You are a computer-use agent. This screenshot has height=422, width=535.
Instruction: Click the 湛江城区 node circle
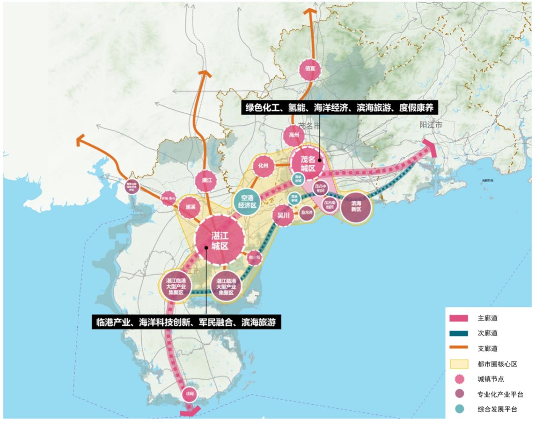[x=220, y=240]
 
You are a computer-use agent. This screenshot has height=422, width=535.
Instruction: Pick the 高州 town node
[x=294, y=135]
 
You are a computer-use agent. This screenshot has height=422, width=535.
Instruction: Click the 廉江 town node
[x=207, y=180]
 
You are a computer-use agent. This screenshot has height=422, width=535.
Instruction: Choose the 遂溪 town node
[x=190, y=207]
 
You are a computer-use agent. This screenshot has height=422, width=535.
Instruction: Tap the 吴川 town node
[x=283, y=215]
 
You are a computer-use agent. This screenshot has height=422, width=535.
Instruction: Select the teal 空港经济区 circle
[x=247, y=202]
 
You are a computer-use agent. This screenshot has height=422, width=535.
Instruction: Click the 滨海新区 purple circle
[x=356, y=207]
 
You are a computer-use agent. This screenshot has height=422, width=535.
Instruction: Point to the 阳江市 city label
[x=430, y=125]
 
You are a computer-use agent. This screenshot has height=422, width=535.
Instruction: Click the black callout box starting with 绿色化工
[x=339, y=108]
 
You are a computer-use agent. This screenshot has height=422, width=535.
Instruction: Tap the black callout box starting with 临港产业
[x=186, y=322]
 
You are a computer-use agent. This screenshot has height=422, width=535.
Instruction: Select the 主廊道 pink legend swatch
[x=459, y=318]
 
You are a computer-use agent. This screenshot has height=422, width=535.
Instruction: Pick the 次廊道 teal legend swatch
[x=459, y=333]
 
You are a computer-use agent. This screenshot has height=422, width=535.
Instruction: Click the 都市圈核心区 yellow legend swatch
[x=459, y=364]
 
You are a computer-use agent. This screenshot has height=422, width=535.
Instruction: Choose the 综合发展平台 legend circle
[x=459, y=409]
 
